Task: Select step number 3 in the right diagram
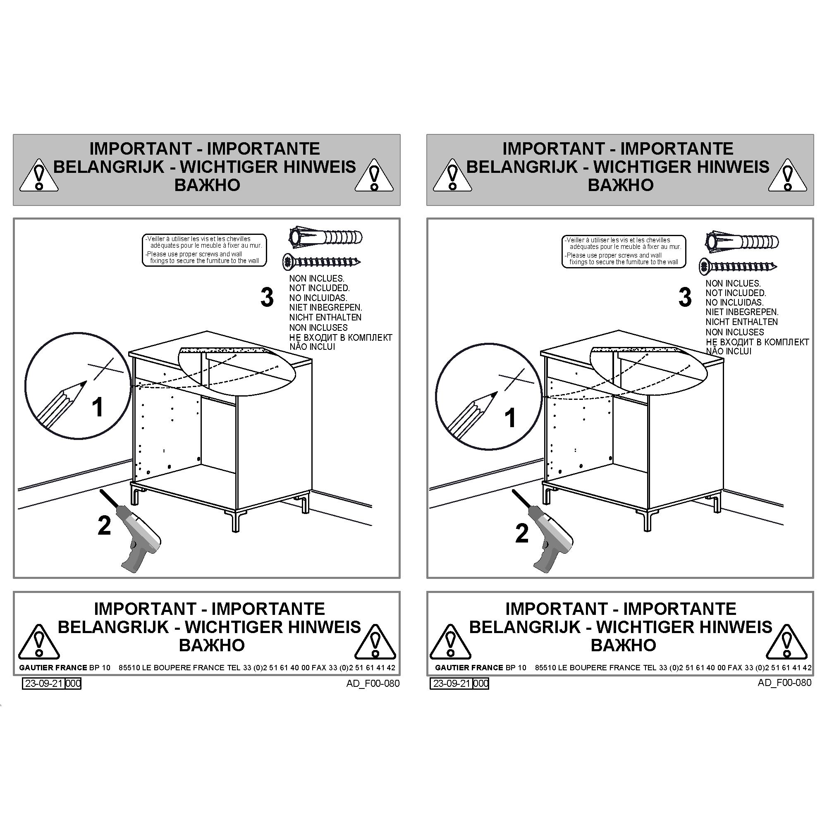pyautogui.click(x=685, y=297)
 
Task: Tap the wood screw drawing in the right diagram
pyautogui.click(x=738, y=267)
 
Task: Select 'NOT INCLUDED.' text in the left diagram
pyautogui.click(x=319, y=288)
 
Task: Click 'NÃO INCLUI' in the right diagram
pyautogui.click(x=729, y=351)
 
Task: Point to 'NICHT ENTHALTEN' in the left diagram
pyautogui.click(x=325, y=318)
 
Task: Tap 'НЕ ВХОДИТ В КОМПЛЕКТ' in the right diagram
pyautogui.click(x=757, y=342)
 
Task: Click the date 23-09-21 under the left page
pyautogui.click(x=44, y=684)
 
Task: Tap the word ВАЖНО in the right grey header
pyautogui.click(x=621, y=185)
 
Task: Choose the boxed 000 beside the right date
pyautogui.click(x=481, y=684)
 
